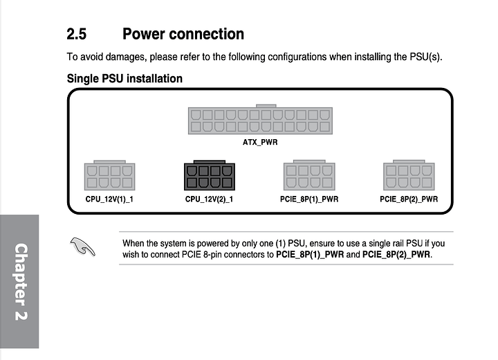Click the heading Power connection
[183, 33]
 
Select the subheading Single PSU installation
[124, 78]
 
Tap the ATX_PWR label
[259, 143]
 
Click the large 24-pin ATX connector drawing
[259, 120]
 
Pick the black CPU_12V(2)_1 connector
[209, 176]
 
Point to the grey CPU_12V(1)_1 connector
[109, 176]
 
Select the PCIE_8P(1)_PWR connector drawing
[309, 176]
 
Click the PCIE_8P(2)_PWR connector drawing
[409, 176]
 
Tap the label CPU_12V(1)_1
[109, 199]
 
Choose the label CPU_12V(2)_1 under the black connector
[209, 199]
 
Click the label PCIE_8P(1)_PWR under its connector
[309, 199]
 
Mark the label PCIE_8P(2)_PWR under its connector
[409, 199]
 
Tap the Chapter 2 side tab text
[20, 281]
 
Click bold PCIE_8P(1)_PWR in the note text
[310, 254]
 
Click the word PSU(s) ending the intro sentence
[424, 56]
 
